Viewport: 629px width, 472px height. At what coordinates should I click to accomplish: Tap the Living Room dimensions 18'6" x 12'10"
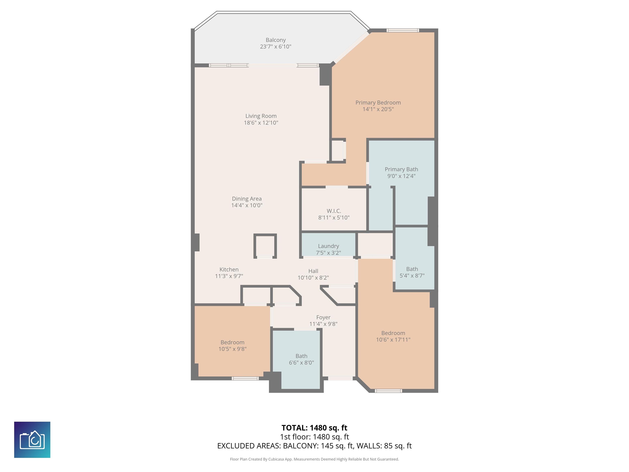coord(261,123)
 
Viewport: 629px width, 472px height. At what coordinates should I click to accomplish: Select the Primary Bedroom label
coord(378,102)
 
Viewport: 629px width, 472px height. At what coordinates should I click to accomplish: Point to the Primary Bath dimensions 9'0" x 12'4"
coord(401,176)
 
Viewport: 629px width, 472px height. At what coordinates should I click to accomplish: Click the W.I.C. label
coord(334,211)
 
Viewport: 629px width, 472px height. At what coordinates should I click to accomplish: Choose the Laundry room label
coord(328,246)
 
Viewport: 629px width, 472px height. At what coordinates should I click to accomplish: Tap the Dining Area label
coord(247,199)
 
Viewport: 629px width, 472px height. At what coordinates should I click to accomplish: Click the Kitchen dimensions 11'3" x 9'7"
coord(229,276)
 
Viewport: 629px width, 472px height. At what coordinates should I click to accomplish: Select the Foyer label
coord(323,317)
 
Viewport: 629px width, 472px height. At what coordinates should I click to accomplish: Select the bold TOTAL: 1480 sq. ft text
coord(314,428)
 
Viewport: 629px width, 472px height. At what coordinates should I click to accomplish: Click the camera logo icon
coord(32,440)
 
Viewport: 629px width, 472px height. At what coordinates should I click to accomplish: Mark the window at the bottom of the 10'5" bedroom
coord(245,378)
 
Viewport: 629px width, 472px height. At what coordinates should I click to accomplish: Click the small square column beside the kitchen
coord(265,246)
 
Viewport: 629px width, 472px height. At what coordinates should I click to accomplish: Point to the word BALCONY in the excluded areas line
coord(300,446)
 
